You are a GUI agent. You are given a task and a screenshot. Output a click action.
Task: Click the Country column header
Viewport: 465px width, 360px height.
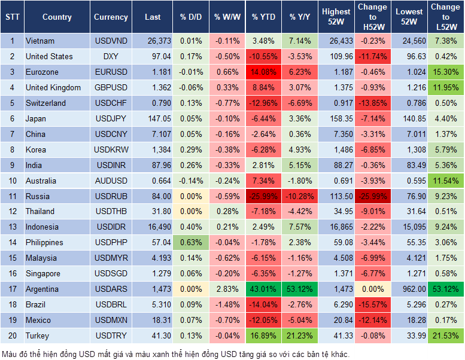tap(57, 17)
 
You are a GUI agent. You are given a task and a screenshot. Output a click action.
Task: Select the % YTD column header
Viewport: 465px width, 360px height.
tap(263, 17)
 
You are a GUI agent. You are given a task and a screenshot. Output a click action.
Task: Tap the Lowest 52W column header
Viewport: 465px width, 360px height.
tap(410, 17)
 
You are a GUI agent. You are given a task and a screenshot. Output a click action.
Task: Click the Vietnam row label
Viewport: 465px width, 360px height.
tap(40, 41)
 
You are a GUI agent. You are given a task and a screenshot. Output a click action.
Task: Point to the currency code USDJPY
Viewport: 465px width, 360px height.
tap(111, 118)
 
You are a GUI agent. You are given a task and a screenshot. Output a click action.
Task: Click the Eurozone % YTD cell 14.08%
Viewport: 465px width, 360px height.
tap(263, 72)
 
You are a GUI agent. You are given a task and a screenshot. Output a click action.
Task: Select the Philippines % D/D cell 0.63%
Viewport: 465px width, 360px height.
tap(191, 243)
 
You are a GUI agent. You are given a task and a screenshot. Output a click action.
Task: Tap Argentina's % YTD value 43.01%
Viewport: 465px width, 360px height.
tap(263, 289)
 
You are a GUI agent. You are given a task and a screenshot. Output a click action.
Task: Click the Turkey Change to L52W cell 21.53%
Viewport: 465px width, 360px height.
tap(445, 336)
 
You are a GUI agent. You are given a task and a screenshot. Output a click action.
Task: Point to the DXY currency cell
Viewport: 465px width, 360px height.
tap(111, 56)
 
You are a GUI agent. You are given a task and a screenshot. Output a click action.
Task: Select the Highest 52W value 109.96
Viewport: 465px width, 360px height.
tap(338, 56)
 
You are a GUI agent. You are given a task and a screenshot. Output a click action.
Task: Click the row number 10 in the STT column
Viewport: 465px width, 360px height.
tap(12, 181)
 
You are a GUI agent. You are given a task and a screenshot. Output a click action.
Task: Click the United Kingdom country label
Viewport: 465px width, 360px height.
tap(53, 87)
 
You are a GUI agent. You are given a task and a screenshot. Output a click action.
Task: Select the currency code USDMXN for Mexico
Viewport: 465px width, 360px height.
tap(111, 321)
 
